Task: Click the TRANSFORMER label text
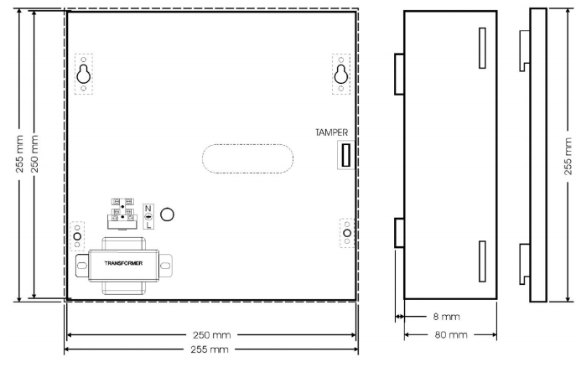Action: click(x=123, y=263)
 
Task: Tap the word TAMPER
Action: click(x=332, y=132)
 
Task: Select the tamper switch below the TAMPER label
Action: click(x=346, y=155)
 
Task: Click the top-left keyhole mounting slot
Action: click(x=83, y=75)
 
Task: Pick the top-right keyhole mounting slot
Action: click(x=341, y=75)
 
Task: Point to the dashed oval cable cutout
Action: click(x=247, y=158)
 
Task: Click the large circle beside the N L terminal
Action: click(x=167, y=215)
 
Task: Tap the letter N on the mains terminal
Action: click(x=148, y=208)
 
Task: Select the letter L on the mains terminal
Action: click(x=148, y=225)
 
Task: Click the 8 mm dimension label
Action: click(x=446, y=317)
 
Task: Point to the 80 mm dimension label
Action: click(x=451, y=335)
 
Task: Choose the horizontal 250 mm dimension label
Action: click(x=211, y=335)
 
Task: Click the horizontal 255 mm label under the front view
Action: click(x=210, y=349)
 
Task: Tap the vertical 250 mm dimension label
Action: click(x=34, y=153)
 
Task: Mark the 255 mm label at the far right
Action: click(x=568, y=157)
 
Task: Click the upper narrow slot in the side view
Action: click(x=482, y=48)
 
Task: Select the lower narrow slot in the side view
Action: click(x=482, y=261)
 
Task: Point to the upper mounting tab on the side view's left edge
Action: click(x=399, y=74)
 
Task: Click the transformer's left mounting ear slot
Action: click(x=81, y=266)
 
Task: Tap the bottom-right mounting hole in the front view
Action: click(x=347, y=233)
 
